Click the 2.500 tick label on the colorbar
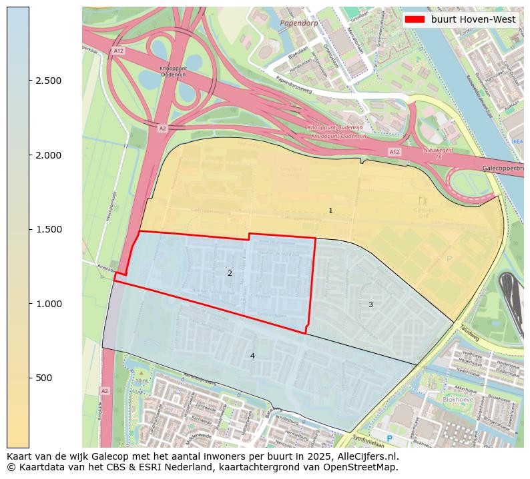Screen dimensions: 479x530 [x=49, y=81]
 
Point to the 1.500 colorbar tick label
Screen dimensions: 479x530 [x=49, y=229]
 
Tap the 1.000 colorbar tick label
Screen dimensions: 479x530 [x=49, y=304]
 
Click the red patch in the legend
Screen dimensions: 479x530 [x=415, y=19]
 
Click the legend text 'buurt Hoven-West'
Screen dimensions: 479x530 [x=473, y=19]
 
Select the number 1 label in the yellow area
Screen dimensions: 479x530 [x=330, y=211]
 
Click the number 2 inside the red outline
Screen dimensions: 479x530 [x=230, y=273]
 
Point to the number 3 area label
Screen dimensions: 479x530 [x=370, y=304]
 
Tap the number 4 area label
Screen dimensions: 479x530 [x=252, y=356]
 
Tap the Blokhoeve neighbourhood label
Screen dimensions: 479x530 [x=458, y=400]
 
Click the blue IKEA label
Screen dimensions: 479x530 [x=517, y=141]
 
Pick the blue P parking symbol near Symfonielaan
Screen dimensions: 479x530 [x=390, y=439]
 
